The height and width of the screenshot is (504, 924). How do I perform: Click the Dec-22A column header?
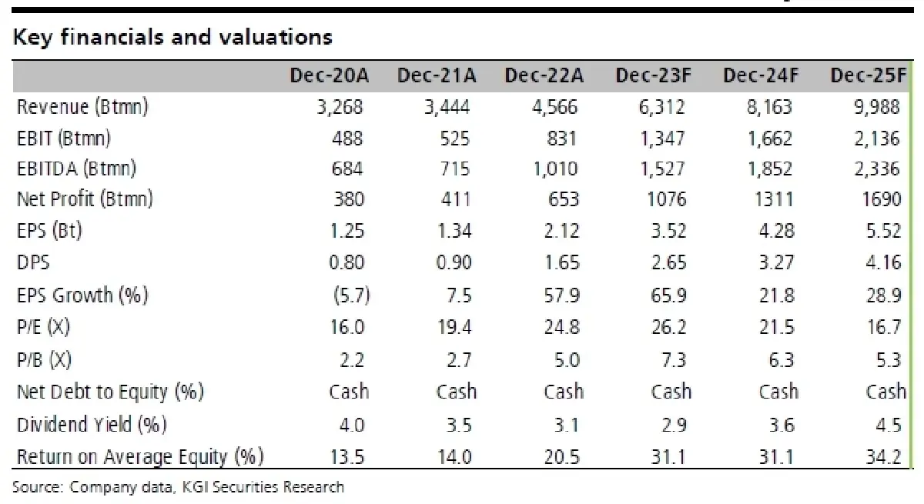click(544, 76)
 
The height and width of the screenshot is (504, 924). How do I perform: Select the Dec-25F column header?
click(869, 76)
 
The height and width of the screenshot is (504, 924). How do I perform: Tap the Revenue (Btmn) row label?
click(82, 107)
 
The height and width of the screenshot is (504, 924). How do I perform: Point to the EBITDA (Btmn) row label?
click(77, 169)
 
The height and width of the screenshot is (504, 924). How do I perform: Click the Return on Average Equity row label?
click(140, 457)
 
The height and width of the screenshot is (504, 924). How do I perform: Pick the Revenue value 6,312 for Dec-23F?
click(661, 108)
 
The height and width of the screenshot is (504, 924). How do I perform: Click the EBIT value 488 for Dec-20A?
click(347, 139)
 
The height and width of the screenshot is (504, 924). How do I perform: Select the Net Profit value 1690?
click(882, 199)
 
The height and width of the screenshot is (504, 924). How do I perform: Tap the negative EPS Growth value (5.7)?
click(351, 295)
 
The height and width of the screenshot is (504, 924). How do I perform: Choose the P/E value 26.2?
click(668, 327)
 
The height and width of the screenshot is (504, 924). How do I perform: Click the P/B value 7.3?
click(674, 360)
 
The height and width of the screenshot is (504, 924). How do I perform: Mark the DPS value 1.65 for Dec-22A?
click(562, 263)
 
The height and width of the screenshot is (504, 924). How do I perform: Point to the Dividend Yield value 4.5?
click(889, 425)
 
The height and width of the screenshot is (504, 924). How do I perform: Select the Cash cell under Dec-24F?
click(778, 392)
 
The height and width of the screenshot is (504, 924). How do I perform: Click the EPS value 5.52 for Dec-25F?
click(884, 231)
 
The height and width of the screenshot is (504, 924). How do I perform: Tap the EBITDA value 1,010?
click(556, 169)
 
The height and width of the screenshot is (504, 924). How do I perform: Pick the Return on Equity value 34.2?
click(884, 457)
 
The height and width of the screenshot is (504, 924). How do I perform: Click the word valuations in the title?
click(276, 38)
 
